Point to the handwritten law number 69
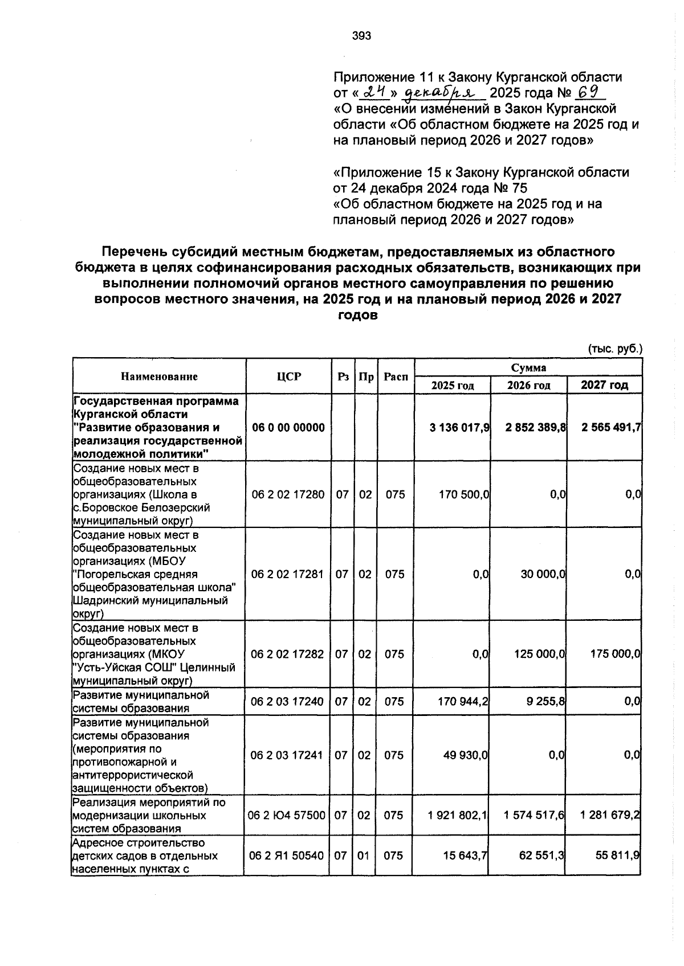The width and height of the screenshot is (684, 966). click(x=588, y=92)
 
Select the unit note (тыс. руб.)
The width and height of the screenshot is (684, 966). click(x=614, y=349)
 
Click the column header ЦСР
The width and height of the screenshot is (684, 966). click(x=288, y=376)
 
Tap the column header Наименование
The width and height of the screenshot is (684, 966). click(x=159, y=376)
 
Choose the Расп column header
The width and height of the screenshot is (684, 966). click(x=396, y=376)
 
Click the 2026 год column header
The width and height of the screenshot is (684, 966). click(x=528, y=386)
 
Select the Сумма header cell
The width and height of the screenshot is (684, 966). click(x=528, y=368)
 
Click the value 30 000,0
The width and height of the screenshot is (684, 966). click(x=543, y=574)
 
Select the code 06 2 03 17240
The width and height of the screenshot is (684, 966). click(x=287, y=702)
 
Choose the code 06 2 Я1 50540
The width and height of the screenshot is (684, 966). click(x=287, y=856)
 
